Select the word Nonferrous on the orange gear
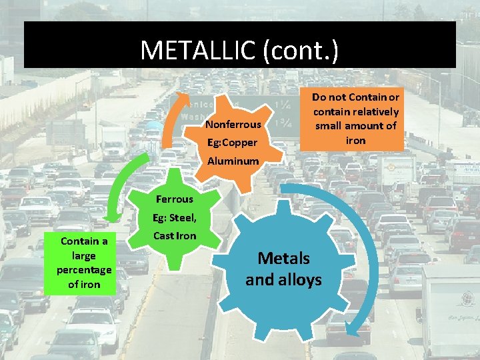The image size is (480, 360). coord(233,125)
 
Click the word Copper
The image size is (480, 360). coord(241,143)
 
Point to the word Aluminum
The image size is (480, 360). coord(233,161)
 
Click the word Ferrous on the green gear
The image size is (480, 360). coord(174,199)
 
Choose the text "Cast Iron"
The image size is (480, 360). coord(175,235)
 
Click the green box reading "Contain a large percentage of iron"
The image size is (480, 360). coord(84,263)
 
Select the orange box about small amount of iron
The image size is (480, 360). coord(355,119)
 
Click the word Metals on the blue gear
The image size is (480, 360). coord(283,258)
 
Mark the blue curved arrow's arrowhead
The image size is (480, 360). coord(359,333)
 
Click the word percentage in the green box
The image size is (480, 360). coord(84,270)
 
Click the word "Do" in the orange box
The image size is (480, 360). coord(319,97)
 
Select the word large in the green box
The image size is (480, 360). coord(84,255)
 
